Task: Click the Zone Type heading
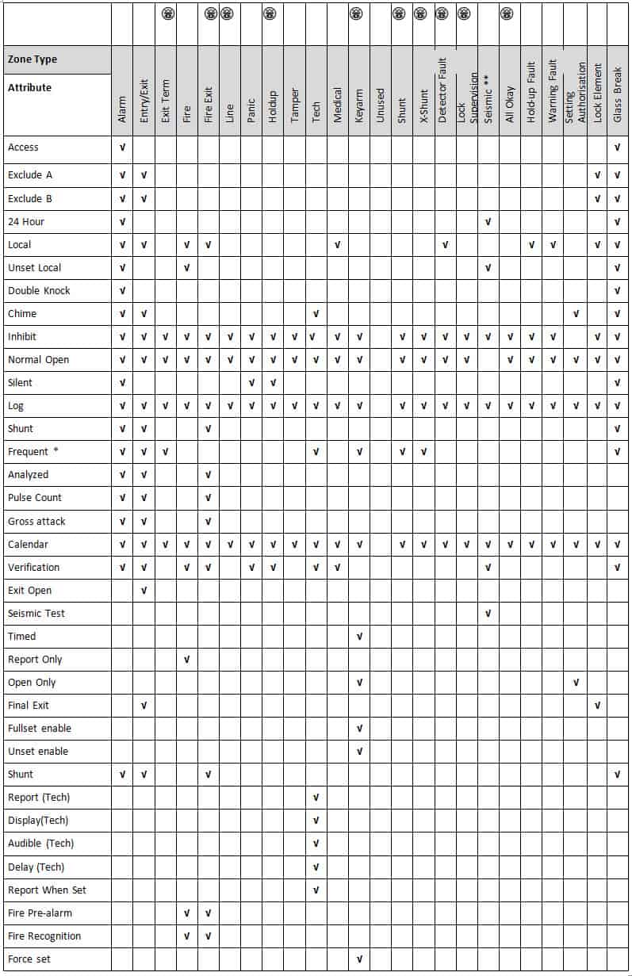click(33, 59)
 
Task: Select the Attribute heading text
click(29, 88)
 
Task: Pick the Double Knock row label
click(39, 291)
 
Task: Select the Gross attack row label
click(36, 522)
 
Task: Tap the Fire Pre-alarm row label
click(40, 913)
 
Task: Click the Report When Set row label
click(47, 890)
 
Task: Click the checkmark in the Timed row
click(359, 637)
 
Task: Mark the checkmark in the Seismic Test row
click(488, 614)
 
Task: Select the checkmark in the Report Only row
click(187, 660)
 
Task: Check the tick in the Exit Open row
click(144, 591)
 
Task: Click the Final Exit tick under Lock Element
click(598, 706)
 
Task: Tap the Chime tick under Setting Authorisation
click(576, 314)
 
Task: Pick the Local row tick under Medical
click(338, 245)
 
